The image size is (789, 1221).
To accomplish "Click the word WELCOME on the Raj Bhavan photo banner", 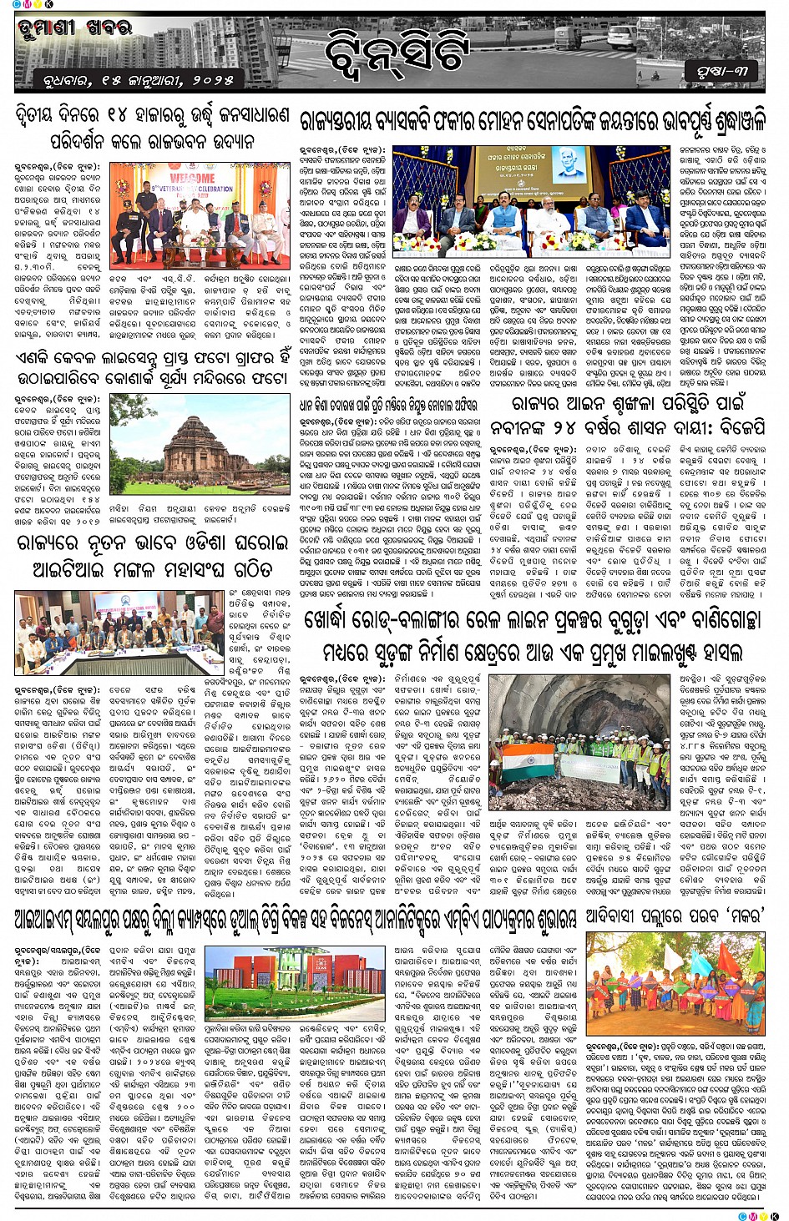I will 192,179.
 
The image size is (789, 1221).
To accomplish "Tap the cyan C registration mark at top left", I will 17,5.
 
